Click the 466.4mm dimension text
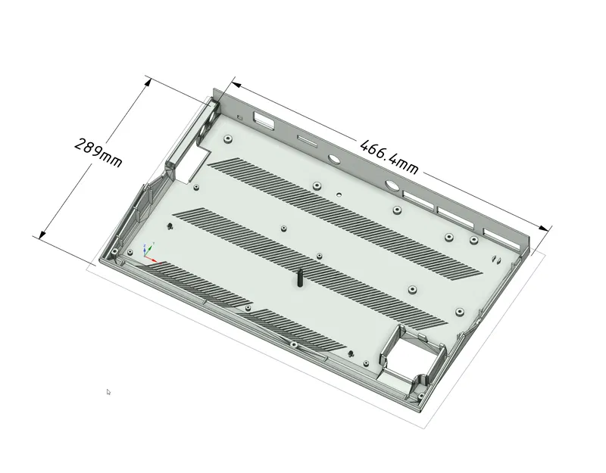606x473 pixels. point(389,154)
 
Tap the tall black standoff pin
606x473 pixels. point(299,278)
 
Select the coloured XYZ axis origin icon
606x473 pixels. point(148,250)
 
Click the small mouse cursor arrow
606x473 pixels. point(108,391)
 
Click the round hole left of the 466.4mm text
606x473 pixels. point(333,160)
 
